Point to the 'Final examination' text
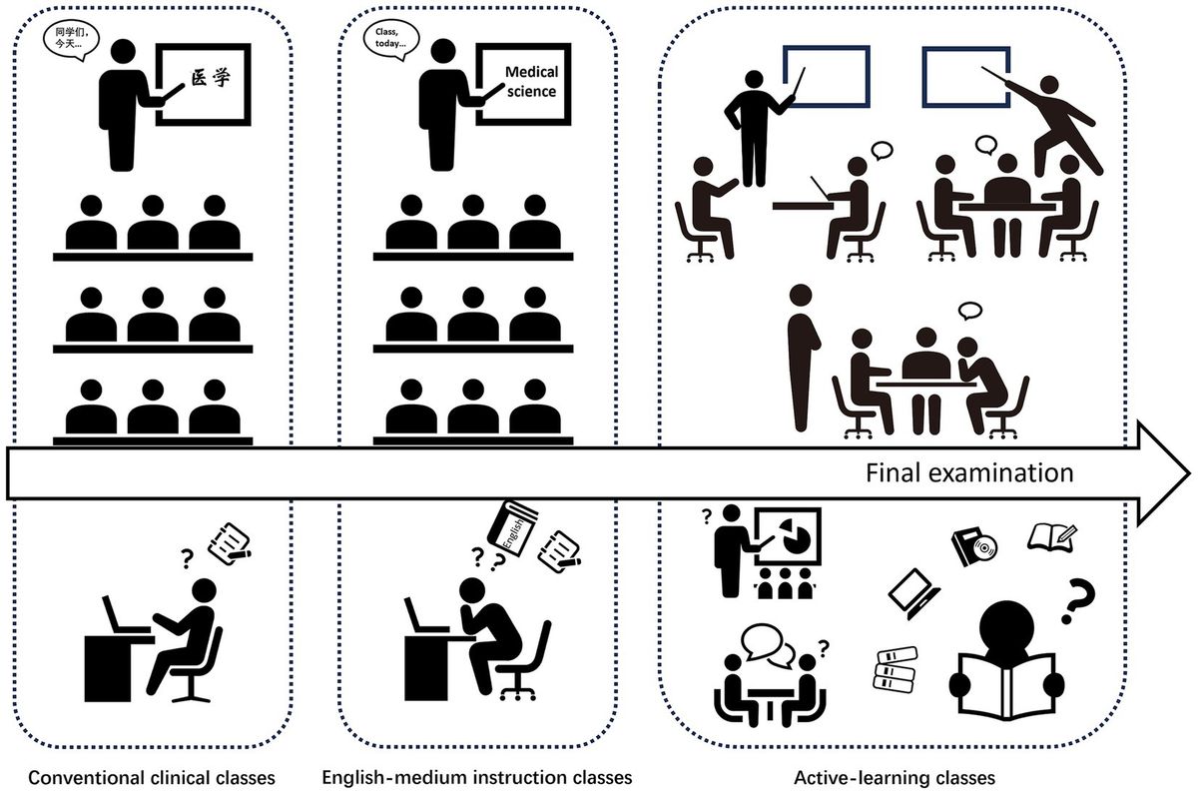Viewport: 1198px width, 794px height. [x=968, y=471]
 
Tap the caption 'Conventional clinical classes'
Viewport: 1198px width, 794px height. [x=151, y=776]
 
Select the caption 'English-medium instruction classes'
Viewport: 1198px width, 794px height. [x=477, y=776]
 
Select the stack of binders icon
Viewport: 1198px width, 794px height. [x=895, y=668]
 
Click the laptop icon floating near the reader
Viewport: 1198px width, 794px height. [x=914, y=591]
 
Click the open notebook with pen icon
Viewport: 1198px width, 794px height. [x=1052, y=535]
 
